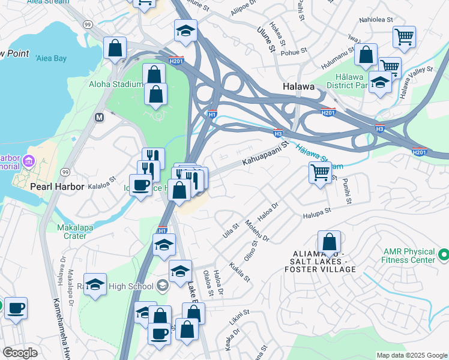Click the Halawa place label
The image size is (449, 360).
pyautogui.click(x=298, y=87)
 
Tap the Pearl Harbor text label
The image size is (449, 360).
pyautogui.click(x=58, y=187)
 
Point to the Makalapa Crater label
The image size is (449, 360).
pyautogui.click(x=80, y=232)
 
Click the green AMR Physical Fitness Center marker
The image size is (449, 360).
pyautogui.click(x=444, y=256)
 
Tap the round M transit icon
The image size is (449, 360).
pyautogui.click(x=100, y=118)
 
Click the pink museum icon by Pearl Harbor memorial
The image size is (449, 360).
pyautogui.click(x=29, y=161)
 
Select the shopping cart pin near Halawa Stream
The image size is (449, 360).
pyautogui.click(x=320, y=173)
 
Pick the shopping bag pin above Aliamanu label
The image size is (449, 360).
pyautogui.click(x=329, y=243)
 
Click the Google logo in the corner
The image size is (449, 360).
pyautogui.click(x=20, y=353)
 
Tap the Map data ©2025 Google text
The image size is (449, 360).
pyautogui.click(x=411, y=355)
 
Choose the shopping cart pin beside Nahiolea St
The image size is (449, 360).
pyautogui.click(x=404, y=37)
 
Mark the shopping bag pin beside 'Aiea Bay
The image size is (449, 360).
pyautogui.click(x=114, y=48)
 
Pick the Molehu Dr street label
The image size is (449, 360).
pyautogui.click(x=257, y=230)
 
